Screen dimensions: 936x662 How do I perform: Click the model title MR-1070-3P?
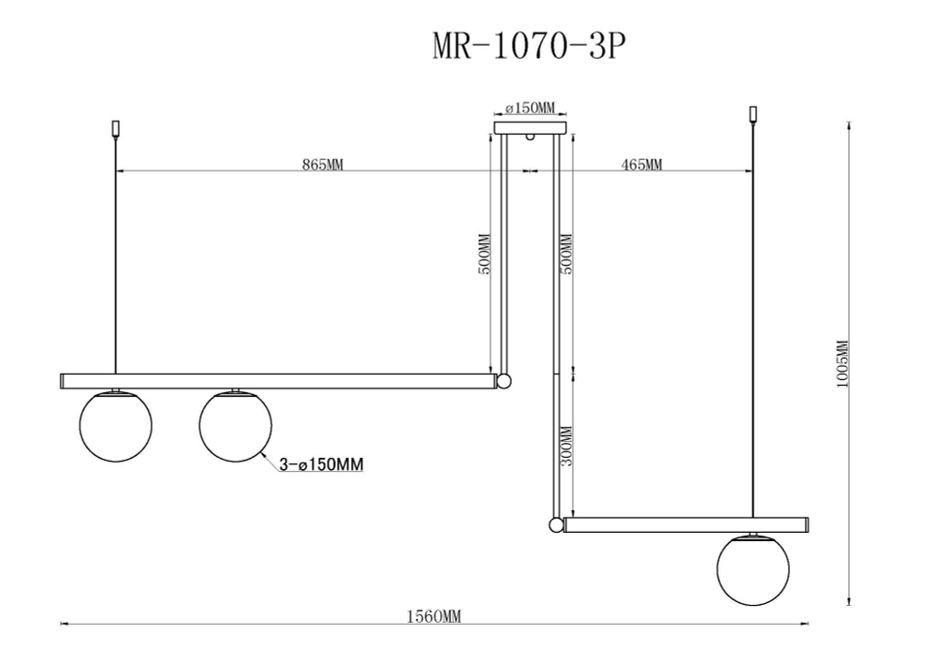click(527, 47)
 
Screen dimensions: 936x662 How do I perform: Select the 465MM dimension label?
click(641, 165)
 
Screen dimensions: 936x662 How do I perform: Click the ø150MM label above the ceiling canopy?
click(530, 109)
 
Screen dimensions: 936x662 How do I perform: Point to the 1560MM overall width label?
click(433, 616)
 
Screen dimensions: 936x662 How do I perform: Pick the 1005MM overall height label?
click(841, 365)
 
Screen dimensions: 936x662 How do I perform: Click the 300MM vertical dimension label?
click(564, 448)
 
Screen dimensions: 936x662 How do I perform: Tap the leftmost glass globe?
click(114, 426)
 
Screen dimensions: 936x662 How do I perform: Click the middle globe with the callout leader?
click(235, 426)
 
